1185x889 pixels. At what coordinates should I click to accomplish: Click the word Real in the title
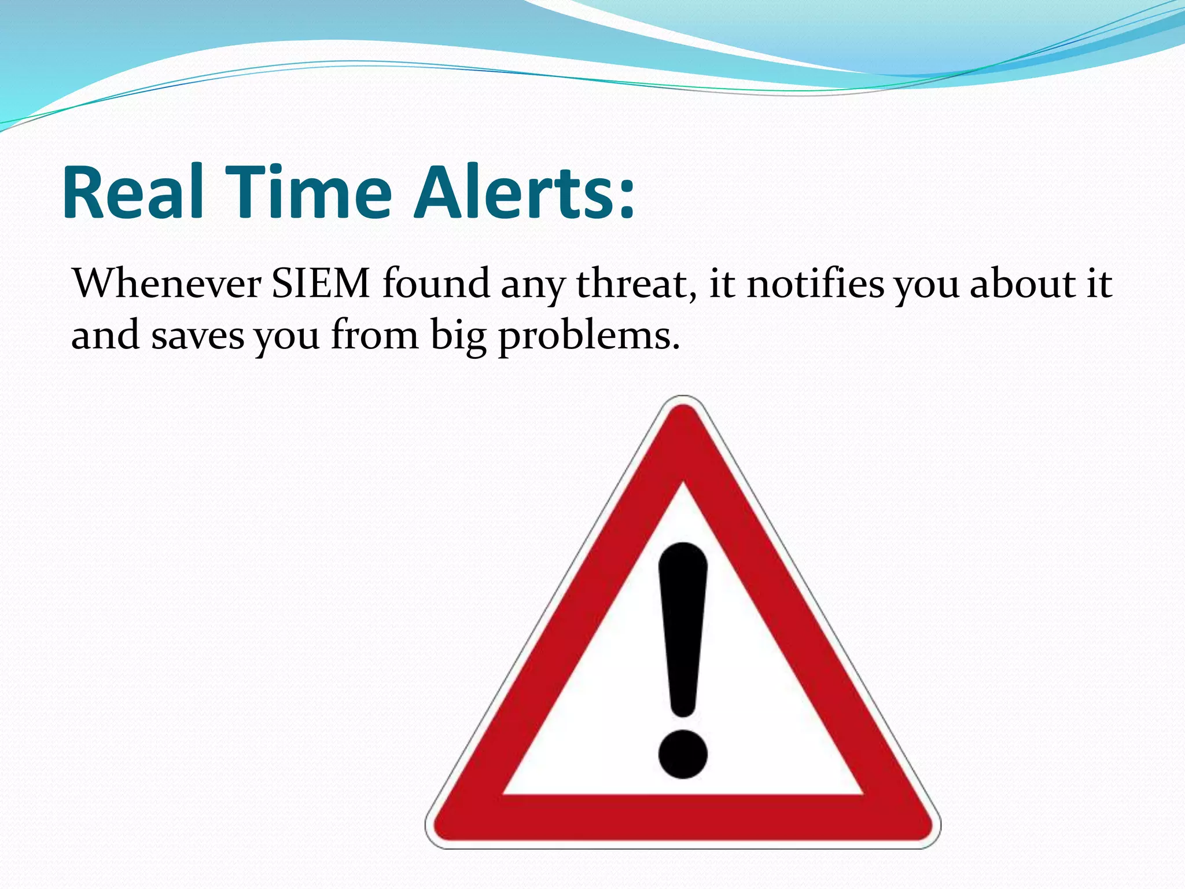[x=133, y=192]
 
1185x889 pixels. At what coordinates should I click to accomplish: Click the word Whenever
[x=167, y=284]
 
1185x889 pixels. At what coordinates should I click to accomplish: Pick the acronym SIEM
[x=321, y=284]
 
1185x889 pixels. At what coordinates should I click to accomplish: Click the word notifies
[x=815, y=284]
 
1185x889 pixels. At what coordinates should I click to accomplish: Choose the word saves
[x=198, y=336]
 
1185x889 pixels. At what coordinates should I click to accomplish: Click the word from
[x=374, y=336]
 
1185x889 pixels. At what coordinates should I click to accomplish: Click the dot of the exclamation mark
[x=683, y=754]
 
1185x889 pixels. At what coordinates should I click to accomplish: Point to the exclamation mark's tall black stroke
[x=683, y=625]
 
